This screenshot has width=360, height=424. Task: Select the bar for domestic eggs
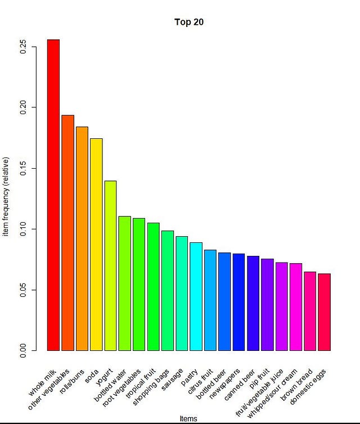pos(324,312)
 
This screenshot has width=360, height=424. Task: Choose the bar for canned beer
pos(253,303)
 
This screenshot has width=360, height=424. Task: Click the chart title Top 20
pos(188,22)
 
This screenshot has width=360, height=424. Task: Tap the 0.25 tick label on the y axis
pos(24,46)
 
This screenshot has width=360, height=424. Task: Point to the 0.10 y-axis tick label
pos(24,229)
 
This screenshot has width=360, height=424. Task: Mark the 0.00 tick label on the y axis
pos(24,351)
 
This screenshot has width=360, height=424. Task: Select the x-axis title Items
pos(188,418)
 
